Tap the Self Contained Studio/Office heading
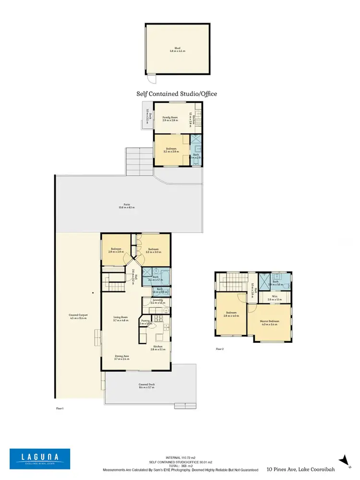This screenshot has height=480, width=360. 177,94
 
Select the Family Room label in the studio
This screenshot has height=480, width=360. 170,119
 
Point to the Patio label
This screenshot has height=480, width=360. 127,206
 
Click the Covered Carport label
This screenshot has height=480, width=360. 78,317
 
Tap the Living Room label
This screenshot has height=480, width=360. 121,318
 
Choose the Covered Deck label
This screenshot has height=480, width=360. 147,386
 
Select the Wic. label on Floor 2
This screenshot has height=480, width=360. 274,297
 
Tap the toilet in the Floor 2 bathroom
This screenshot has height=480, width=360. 286,286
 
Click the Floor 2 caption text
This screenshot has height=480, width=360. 219,349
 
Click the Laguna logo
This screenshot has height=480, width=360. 40,458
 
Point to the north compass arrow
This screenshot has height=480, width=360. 343,461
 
